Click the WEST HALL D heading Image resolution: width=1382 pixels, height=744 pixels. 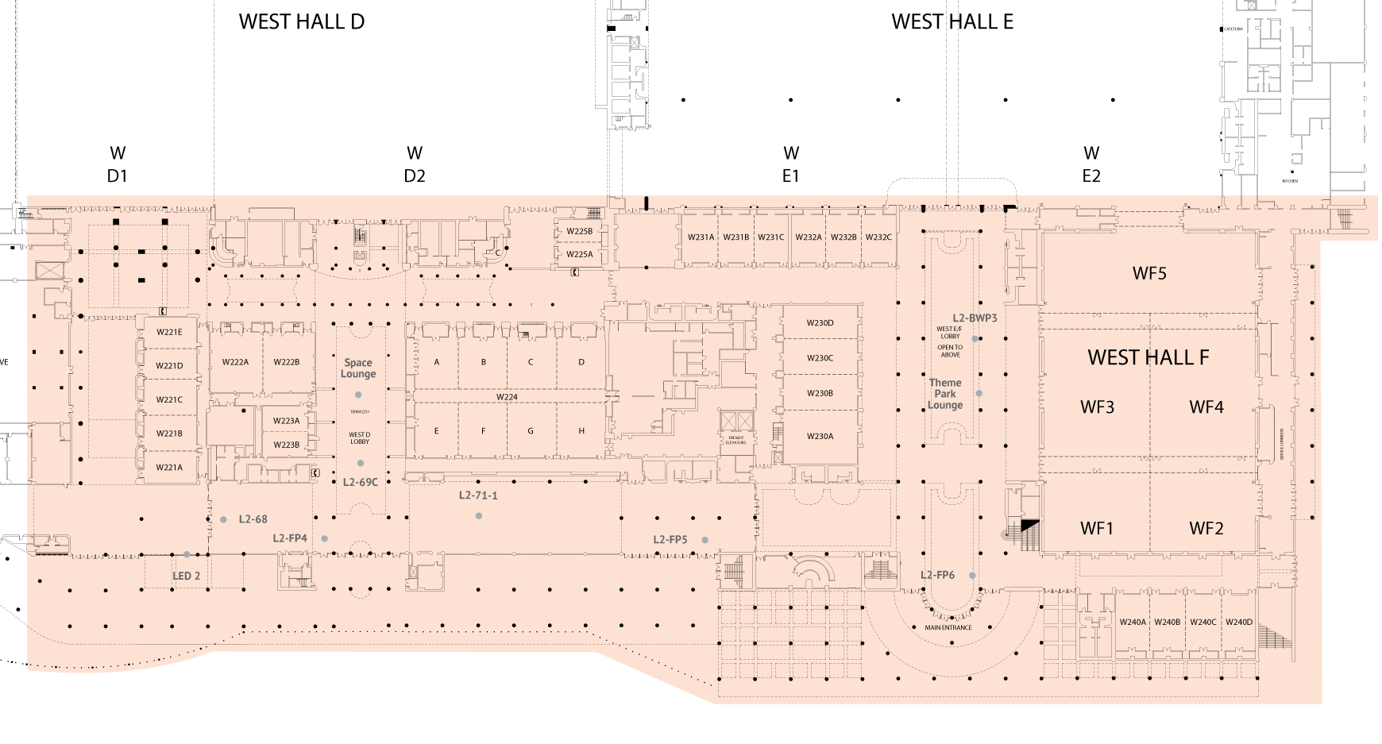[x=302, y=22]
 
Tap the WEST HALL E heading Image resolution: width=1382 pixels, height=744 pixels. [x=952, y=22]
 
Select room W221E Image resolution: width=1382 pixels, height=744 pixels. [x=169, y=333]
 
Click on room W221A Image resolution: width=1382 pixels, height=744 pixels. [x=169, y=468]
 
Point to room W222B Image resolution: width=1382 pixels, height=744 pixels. [x=287, y=362]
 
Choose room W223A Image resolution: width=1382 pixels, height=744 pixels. [x=286, y=421]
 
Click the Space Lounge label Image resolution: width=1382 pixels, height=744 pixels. [x=358, y=368]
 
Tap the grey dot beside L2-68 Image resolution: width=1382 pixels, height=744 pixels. [x=224, y=519]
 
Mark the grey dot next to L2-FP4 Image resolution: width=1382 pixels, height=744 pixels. [x=325, y=538]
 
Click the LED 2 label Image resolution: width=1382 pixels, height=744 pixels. [x=187, y=576]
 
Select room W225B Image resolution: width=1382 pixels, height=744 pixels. [x=579, y=231]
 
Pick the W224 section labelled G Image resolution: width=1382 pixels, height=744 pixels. [x=531, y=431]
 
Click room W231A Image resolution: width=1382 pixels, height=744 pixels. [x=701, y=237]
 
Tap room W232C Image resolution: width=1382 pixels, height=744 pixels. [x=878, y=237]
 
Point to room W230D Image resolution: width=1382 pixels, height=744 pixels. [x=820, y=323]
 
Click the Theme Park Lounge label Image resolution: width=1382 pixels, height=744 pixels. [x=945, y=394]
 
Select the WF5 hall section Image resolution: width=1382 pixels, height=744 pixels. [x=1149, y=274]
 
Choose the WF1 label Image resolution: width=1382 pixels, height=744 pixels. [x=1097, y=529]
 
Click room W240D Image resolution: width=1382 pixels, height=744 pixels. [x=1238, y=623]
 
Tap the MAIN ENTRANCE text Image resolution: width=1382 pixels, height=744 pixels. [x=948, y=628]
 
